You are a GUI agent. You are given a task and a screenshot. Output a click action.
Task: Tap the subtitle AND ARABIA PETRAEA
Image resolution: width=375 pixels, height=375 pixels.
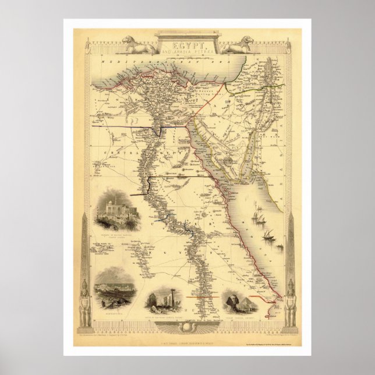coord(187,51)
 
